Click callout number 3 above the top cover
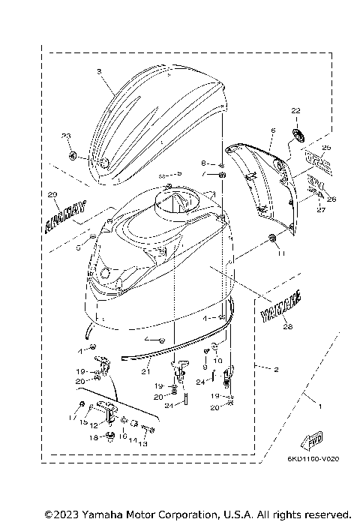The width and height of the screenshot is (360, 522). tap(99, 72)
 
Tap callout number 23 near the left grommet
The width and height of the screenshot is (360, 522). tap(65, 136)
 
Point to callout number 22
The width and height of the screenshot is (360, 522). tap(295, 110)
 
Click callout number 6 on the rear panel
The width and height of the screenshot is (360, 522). tap(272, 131)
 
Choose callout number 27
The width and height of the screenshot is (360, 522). tap(320, 211)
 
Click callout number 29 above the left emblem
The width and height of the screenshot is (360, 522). tap(52, 196)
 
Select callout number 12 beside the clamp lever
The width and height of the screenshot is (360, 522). tap(94, 425)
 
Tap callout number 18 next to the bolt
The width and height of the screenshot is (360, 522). tap(94, 437)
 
